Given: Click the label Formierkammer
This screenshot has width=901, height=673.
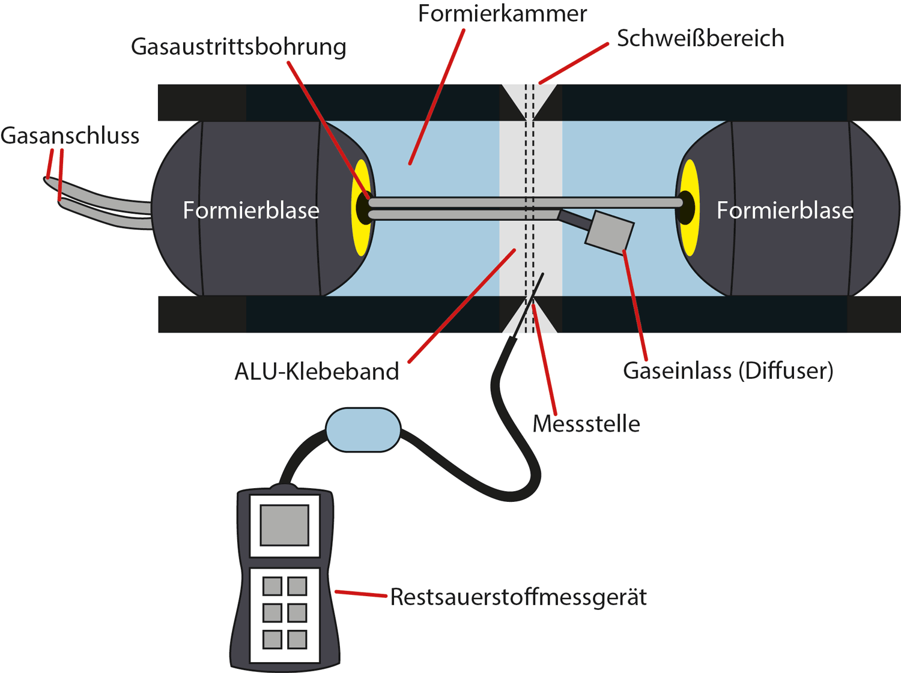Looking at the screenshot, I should [502, 14].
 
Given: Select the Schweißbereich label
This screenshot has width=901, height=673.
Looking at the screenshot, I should [700, 38].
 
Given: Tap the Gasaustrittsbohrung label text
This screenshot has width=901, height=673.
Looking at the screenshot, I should [238, 47].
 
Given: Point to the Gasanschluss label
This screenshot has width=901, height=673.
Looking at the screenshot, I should [70, 136].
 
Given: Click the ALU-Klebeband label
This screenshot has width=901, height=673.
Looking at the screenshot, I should [317, 372].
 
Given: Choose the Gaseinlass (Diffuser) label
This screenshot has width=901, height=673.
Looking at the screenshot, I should [728, 370].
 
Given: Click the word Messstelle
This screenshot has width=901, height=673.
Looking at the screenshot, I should [586, 424].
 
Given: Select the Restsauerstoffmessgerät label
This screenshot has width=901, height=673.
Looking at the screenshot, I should [518, 597].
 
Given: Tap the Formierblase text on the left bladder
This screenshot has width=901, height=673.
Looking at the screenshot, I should [250, 211].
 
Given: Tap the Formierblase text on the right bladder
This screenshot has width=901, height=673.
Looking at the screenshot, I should [784, 211].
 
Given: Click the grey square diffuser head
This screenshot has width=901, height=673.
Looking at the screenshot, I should [609, 232].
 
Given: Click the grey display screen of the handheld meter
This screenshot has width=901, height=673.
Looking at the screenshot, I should [284, 525].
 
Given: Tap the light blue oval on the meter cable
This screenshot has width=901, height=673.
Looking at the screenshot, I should [363, 430].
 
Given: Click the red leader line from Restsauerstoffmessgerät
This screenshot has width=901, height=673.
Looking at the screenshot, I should [360, 594].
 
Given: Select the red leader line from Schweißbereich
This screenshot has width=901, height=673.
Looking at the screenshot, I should [574, 63].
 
